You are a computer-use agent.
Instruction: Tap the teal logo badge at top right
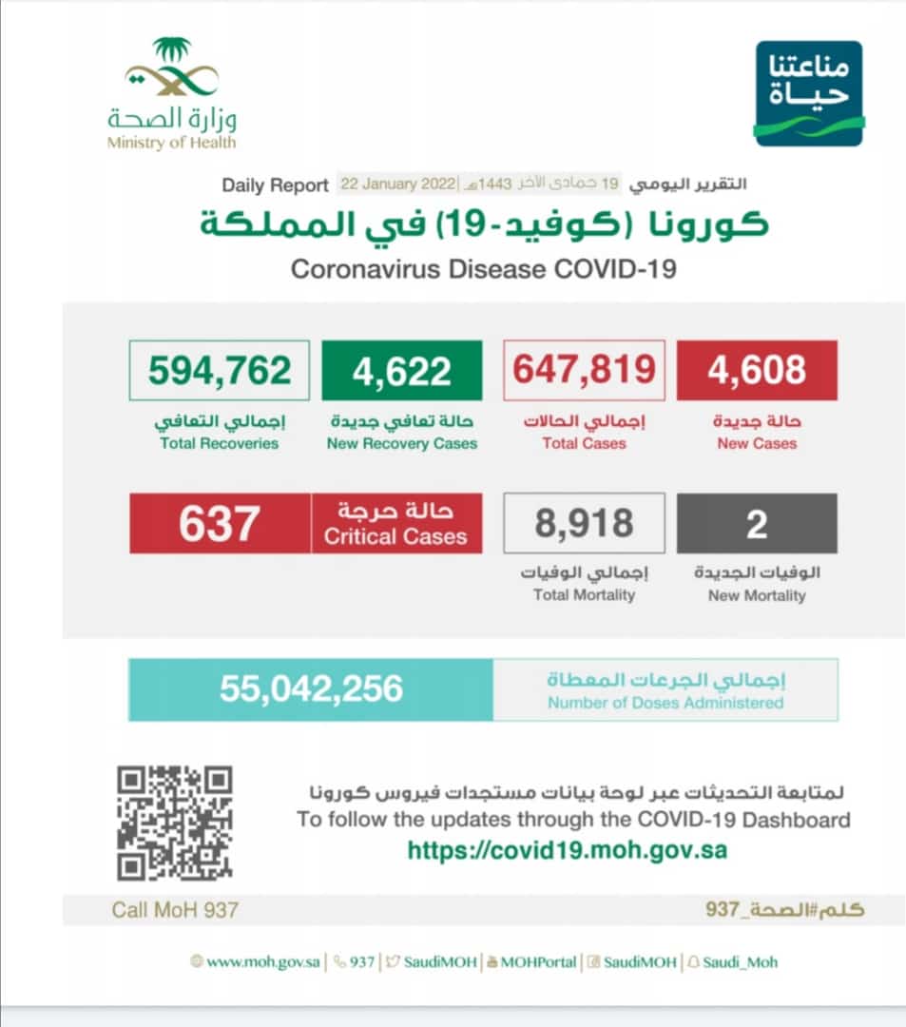coord(808,93)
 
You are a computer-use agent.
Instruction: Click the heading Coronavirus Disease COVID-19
coord(483,269)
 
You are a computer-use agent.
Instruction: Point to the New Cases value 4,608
coord(757,370)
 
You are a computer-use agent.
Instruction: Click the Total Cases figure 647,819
coord(585,370)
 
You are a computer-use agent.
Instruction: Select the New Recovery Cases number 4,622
coord(401,370)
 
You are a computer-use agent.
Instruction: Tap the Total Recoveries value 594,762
coord(219,370)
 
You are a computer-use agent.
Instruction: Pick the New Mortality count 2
coord(757,523)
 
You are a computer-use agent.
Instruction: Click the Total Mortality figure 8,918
coord(584,523)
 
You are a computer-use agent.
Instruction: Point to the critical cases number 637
coord(220,523)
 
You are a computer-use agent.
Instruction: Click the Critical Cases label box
coord(395,523)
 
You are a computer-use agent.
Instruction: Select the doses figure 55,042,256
coord(311,689)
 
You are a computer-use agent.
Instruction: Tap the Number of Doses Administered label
coord(665,703)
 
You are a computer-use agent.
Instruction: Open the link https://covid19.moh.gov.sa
coord(567,849)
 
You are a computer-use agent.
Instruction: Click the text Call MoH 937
coord(175,910)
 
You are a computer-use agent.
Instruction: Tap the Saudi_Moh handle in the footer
coord(740,961)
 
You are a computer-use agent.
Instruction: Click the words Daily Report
coord(275,184)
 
